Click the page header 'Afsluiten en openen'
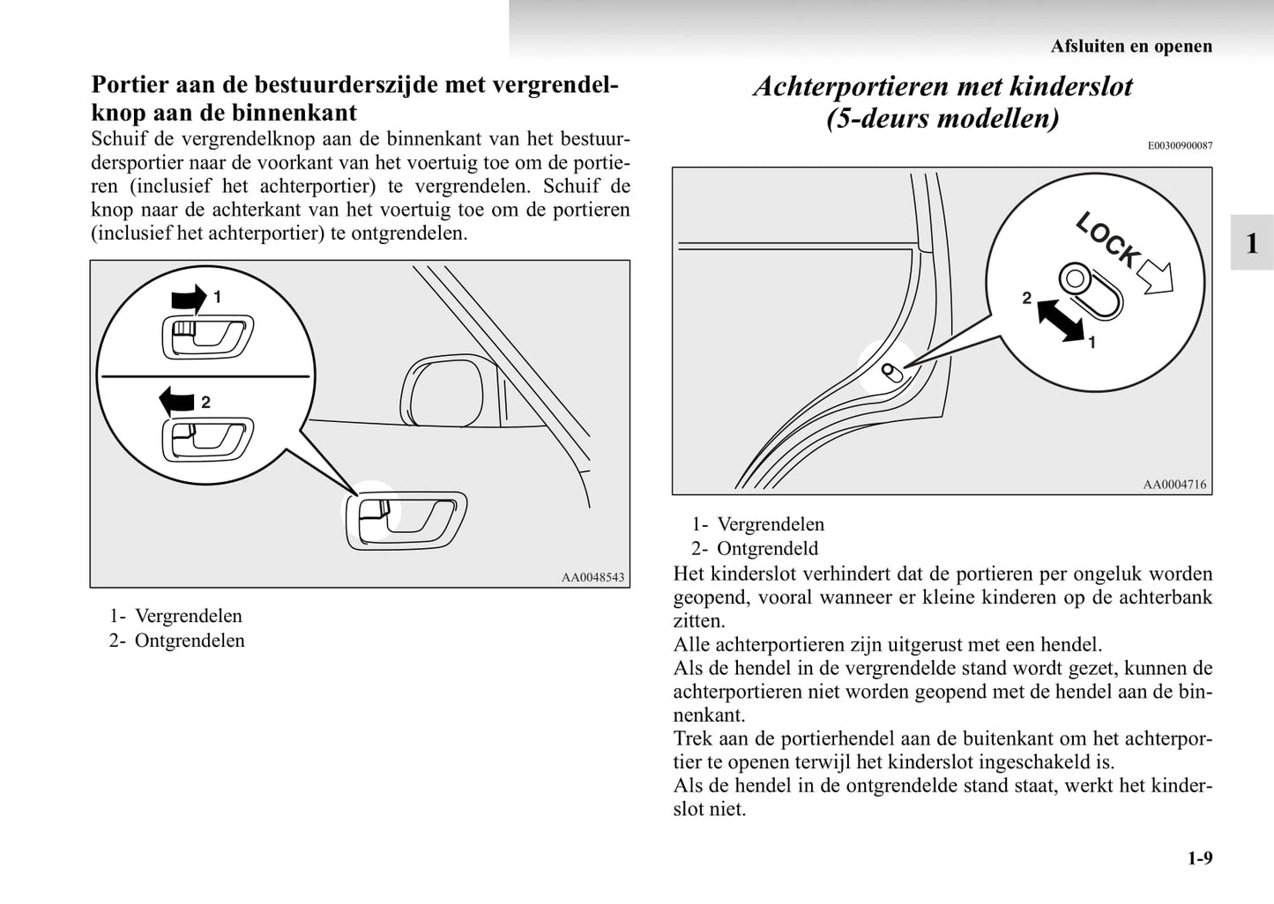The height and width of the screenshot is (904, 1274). pyautogui.click(x=1130, y=46)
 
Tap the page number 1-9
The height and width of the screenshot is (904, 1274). pyautogui.click(x=1199, y=858)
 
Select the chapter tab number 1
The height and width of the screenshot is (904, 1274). pyautogui.click(x=1251, y=242)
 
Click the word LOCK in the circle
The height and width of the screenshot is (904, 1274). pyautogui.click(x=1107, y=240)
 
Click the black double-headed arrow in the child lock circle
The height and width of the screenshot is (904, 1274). pyautogui.click(x=1061, y=320)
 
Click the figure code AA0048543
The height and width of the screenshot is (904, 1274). pyautogui.click(x=592, y=577)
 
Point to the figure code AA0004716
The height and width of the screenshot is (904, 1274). pyautogui.click(x=1174, y=484)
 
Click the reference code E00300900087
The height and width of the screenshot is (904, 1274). pyautogui.click(x=1180, y=145)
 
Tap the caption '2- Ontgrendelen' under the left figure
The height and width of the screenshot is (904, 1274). pyautogui.click(x=177, y=641)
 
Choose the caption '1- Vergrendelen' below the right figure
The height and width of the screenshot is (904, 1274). pyautogui.click(x=758, y=524)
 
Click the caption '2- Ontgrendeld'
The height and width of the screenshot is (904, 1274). pyautogui.click(x=756, y=549)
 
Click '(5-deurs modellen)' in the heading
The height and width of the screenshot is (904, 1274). pyautogui.click(x=942, y=118)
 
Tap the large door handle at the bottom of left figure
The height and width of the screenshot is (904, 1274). pyautogui.click(x=406, y=520)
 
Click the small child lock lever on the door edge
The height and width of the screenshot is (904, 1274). pyautogui.click(x=891, y=371)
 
